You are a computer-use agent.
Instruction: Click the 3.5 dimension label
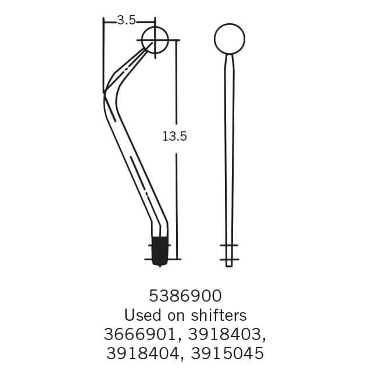126,20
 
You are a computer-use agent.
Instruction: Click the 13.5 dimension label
174,137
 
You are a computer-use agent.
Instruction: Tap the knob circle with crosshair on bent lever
155,40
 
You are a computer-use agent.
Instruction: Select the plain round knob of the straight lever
229,39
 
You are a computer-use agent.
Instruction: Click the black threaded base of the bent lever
159,251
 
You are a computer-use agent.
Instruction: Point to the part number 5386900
185,296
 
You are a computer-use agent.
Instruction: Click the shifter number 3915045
227,353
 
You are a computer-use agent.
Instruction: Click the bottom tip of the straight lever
229,264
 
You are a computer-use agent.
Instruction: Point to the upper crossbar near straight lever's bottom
229,246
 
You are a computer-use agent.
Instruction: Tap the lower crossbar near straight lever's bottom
229,259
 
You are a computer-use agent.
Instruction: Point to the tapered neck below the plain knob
229,61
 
